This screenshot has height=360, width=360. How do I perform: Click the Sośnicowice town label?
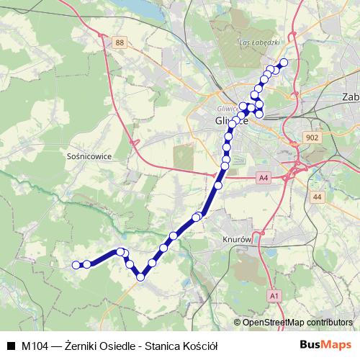tap(87, 155)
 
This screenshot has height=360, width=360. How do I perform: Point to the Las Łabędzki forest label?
tap(258, 42)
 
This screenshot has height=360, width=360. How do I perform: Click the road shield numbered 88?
tap(120, 44)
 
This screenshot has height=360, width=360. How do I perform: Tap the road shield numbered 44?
tap(318, 196)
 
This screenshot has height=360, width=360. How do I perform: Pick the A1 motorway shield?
tap(274, 295)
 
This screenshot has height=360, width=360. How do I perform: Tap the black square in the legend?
tap(10, 346)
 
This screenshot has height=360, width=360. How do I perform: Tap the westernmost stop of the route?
tap(76, 265)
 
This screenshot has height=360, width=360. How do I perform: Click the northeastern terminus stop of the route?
tap(283, 63)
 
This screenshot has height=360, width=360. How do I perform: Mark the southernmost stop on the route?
tap(141, 277)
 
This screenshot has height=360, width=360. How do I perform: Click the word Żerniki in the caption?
tap(82, 346)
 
